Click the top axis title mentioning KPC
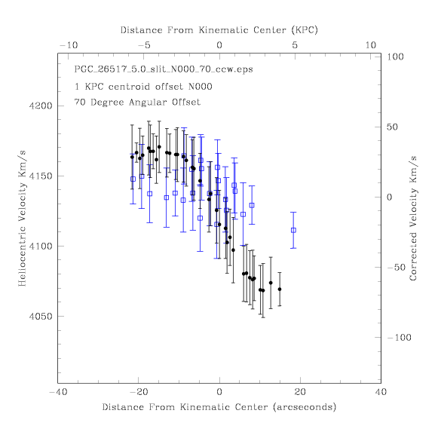click(x=219, y=30)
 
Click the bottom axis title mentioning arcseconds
click(x=219, y=407)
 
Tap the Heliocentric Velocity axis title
click(x=22, y=219)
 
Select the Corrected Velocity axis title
click(x=413, y=219)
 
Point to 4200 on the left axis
click(x=41, y=106)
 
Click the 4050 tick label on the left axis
click(x=41, y=317)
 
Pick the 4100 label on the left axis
click(x=41, y=247)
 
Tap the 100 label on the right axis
click(x=395, y=57)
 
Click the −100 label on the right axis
click(x=399, y=337)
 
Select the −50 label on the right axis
click(x=397, y=267)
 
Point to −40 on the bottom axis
click(x=58, y=392)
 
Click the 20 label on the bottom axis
click(x=300, y=392)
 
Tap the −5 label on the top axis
click(x=144, y=45)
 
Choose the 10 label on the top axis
click(x=370, y=45)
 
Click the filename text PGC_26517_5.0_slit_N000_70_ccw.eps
click(x=164, y=69)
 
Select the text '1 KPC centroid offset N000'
click(x=143, y=87)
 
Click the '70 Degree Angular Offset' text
click(x=137, y=102)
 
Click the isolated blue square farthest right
click(x=293, y=231)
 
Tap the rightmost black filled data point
click(x=280, y=289)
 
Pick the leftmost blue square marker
click(x=133, y=179)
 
